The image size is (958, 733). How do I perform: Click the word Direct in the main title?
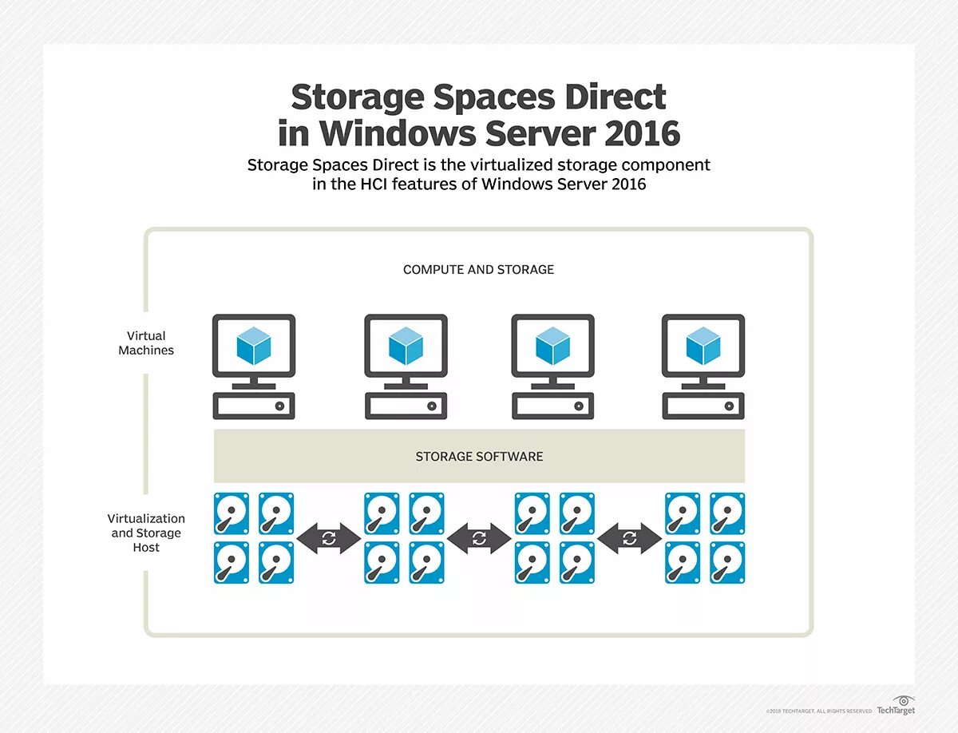[x=616, y=97]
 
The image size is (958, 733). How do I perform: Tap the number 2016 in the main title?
[x=642, y=133]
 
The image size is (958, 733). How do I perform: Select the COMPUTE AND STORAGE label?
[x=478, y=270]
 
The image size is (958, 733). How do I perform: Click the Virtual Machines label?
[x=146, y=343]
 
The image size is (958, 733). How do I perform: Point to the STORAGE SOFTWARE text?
[x=479, y=457]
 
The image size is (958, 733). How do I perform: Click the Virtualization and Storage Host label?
[x=146, y=533]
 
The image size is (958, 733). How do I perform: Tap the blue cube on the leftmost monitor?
[x=254, y=347]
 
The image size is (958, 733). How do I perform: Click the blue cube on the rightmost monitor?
[x=703, y=347]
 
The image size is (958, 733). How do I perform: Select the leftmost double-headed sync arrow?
[x=329, y=538]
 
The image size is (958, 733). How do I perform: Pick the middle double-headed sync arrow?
[x=479, y=538]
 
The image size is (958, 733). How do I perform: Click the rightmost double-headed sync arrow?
[x=629, y=538]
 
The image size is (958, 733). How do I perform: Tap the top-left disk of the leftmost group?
[x=232, y=513]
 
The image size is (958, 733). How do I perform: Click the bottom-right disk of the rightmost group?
[x=727, y=562]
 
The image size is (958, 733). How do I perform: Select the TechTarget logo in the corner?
[x=896, y=706]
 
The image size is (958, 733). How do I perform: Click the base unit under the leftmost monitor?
[x=254, y=406]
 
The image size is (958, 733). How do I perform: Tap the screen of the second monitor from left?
[x=405, y=346]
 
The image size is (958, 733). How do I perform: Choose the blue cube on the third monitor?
[x=552, y=347]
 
